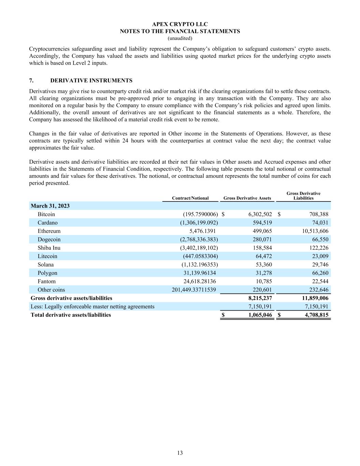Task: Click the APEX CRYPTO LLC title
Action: pos(180,24)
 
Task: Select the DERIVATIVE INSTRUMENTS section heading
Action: pos(91,81)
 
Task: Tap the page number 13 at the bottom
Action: pos(180,453)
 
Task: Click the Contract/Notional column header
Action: pos(190,198)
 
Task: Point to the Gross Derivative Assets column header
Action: pos(247,198)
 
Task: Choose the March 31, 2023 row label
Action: pos(50,206)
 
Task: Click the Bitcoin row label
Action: pos(46,214)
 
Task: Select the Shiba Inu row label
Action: pos(49,248)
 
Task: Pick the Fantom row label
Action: pos(46,281)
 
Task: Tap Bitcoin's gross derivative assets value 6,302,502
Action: pos(260,214)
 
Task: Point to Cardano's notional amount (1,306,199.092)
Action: pos(199,223)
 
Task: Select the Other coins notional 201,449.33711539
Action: pos(194,290)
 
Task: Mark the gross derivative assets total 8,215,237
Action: pos(260,298)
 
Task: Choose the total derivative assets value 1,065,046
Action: pos(260,315)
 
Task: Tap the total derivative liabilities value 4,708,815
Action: pos(316,315)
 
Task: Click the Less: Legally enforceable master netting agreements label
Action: pos(92,307)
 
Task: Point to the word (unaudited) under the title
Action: pos(180,38)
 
